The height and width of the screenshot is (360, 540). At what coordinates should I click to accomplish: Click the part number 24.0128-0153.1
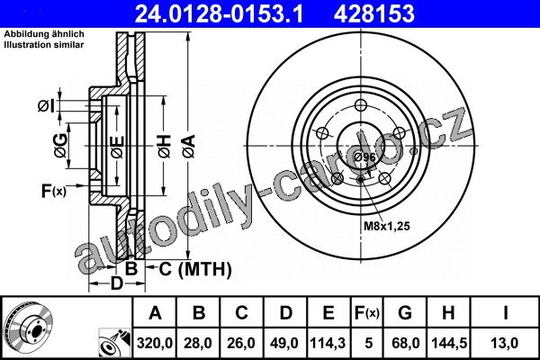[219, 13]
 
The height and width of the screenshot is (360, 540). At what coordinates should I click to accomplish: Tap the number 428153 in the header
[374, 13]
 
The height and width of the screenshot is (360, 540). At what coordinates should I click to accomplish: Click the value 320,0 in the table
[155, 343]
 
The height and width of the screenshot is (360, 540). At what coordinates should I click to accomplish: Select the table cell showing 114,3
[328, 343]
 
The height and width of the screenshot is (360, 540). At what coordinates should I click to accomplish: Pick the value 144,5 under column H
[449, 343]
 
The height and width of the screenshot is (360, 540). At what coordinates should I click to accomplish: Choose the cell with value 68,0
[405, 343]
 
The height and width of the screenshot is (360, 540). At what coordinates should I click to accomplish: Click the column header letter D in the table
[285, 313]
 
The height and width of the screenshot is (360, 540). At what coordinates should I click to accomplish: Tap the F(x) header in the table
[367, 313]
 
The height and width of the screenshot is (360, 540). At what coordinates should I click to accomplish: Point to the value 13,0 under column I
[505, 343]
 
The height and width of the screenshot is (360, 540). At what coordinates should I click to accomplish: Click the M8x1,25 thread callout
[387, 226]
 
